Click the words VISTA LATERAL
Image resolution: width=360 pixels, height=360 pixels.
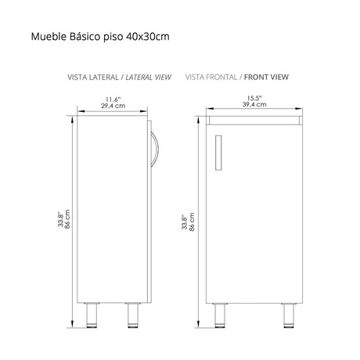point(93,77)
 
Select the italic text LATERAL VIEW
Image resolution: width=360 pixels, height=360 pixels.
point(147,77)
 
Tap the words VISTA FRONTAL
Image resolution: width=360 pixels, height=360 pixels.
point(211,77)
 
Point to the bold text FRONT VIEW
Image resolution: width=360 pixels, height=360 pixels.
point(267,77)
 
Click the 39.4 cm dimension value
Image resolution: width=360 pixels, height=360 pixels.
point(256,106)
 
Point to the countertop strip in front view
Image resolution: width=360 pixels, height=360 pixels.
point(256,119)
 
